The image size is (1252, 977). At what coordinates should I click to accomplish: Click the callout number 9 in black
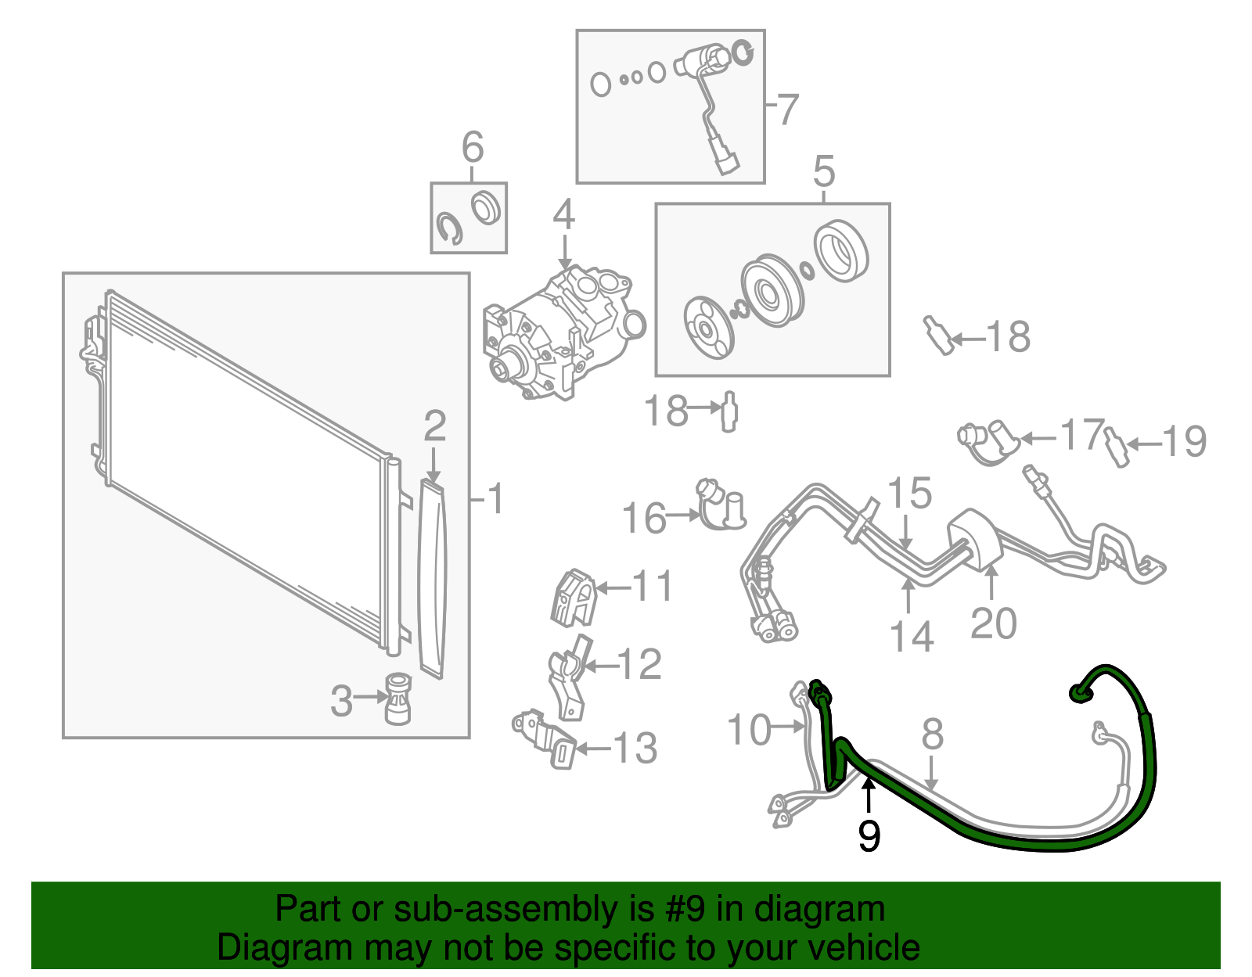pos(869,836)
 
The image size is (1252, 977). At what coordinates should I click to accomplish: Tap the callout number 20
pos(993,623)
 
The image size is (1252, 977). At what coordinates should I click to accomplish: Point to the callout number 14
pos(912,637)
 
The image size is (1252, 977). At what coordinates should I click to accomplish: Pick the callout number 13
pos(635,749)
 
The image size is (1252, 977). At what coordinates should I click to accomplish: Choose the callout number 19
pos(1185,442)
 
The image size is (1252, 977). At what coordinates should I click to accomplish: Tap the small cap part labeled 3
pos(398,698)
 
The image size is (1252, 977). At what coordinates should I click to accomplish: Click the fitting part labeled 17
pos(988,442)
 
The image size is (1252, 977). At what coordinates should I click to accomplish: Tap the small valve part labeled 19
pos(1117,447)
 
